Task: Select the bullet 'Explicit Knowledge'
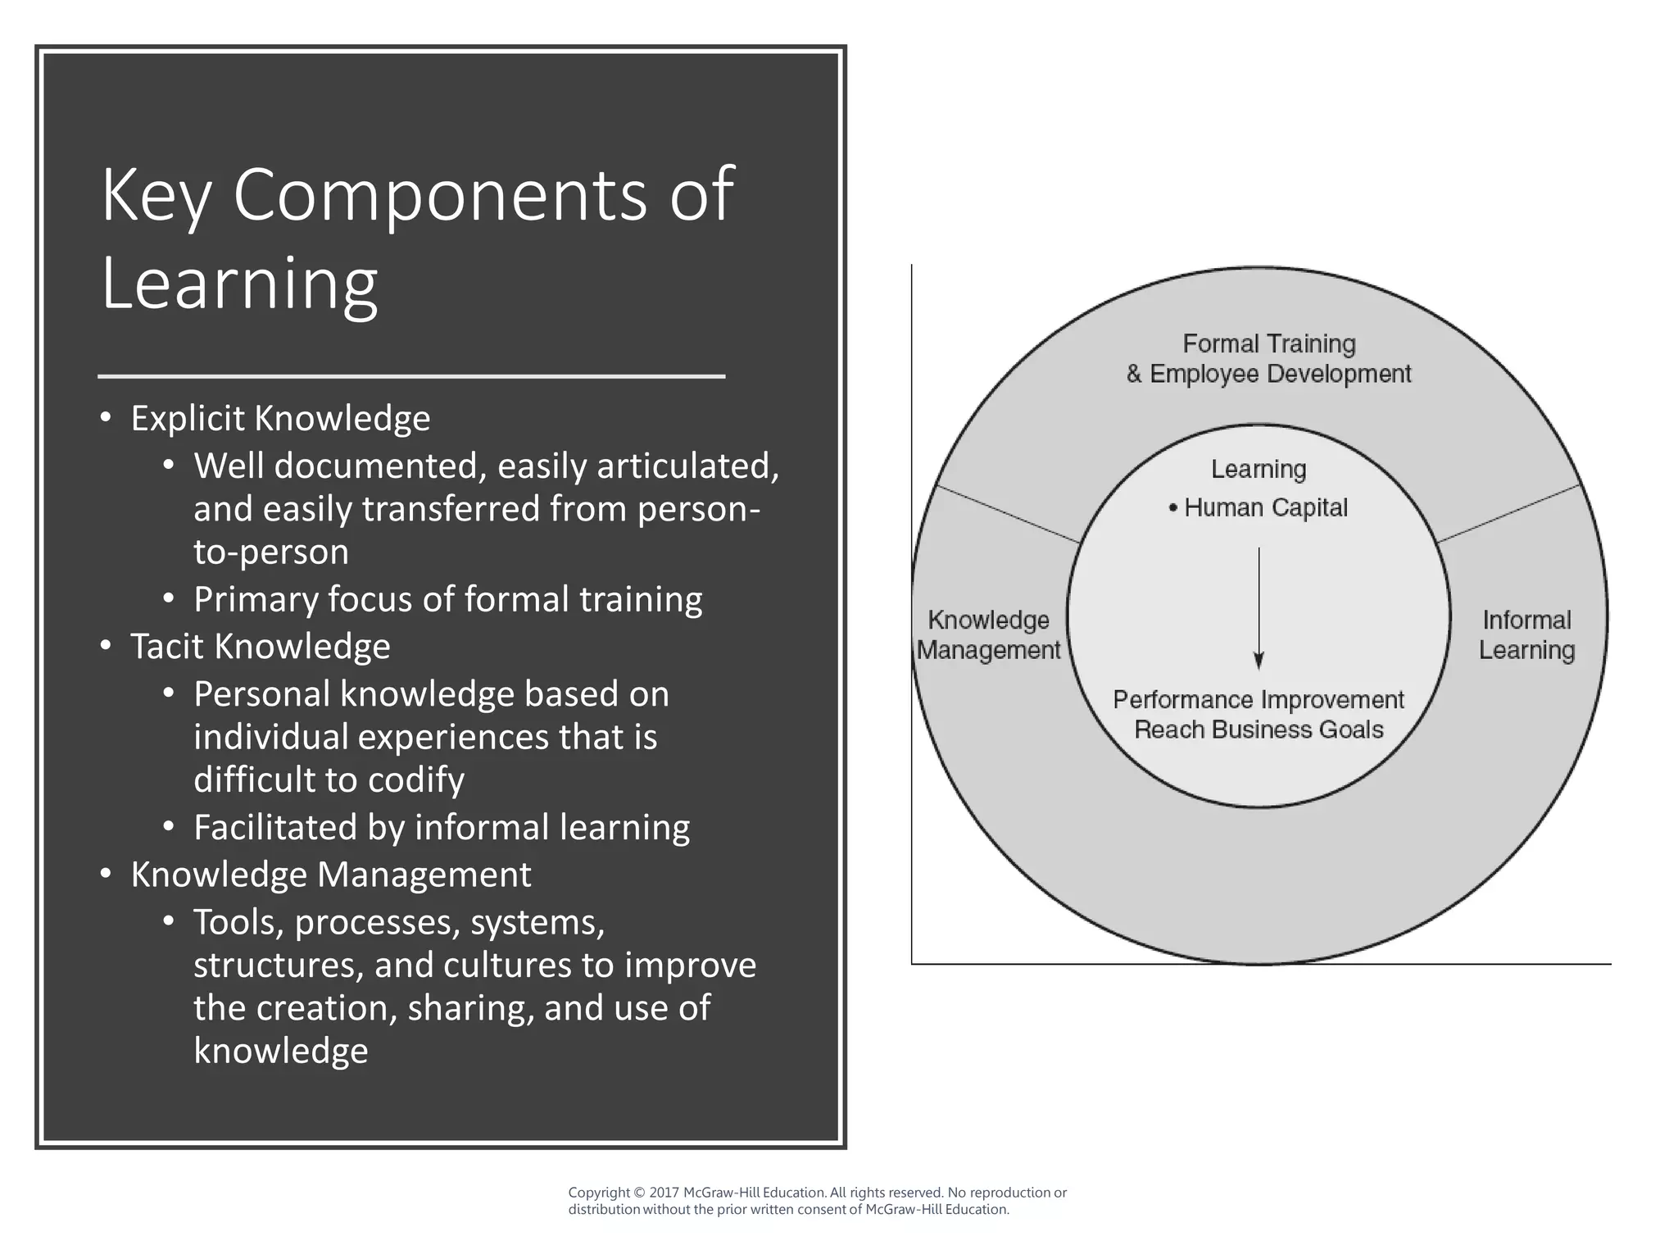(280, 419)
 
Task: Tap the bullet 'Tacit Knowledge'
(260, 647)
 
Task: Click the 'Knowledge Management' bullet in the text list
(330, 875)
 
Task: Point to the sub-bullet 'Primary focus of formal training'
(447, 599)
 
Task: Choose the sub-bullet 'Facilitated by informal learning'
(441, 827)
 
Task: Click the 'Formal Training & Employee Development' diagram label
(1268, 359)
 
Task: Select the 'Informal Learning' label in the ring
(1526, 635)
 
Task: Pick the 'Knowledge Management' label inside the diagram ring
(988, 635)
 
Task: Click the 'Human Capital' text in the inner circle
(1265, 508)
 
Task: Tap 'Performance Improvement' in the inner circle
(1258, 700)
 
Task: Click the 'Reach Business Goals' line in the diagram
(1258, 730)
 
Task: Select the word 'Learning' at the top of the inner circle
(1258, 470)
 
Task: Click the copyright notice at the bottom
(817, 1201)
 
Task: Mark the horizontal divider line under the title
(411, 376)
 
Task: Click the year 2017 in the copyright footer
(664, 1193)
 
